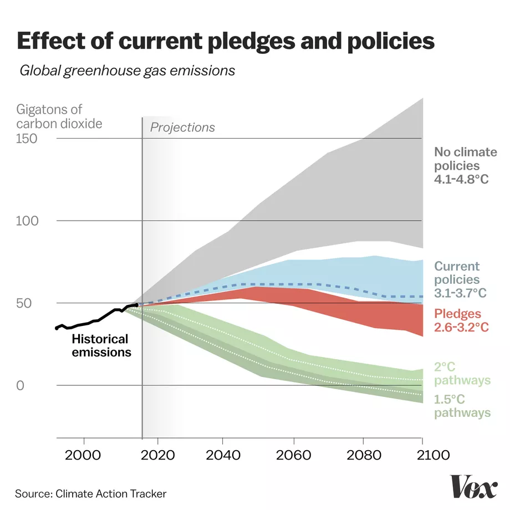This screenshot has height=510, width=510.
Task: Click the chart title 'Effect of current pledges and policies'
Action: tap(226, 42)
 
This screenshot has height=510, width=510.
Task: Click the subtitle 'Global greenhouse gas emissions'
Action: tap(127, 71)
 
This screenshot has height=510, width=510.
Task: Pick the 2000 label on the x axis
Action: tap(84, 457)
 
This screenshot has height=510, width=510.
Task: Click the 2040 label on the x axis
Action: tap(222, 457)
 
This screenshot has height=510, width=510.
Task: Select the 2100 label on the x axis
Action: tap(422, 457)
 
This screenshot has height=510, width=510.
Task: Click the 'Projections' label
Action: tap(182, 127)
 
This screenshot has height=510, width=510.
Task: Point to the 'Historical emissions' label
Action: tap(101, 345)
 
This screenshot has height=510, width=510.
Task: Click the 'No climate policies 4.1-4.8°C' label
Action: tap(461, 165)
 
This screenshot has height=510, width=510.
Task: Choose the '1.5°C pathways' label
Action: tap(461, 406)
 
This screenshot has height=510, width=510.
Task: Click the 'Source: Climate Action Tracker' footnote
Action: tap(90, 493)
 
